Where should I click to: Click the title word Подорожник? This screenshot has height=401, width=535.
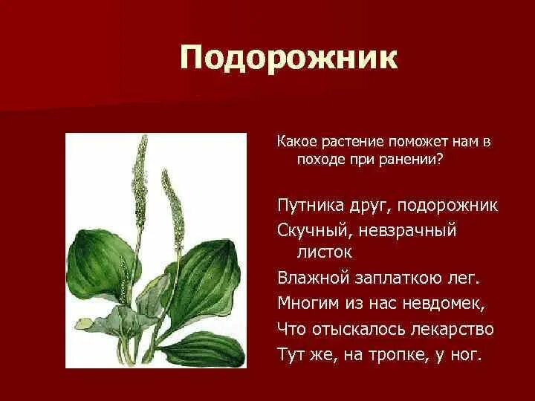tap(288, 59)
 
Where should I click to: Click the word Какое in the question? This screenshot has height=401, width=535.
tap(295, 141)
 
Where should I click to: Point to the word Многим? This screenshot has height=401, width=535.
tap(305, 303)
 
